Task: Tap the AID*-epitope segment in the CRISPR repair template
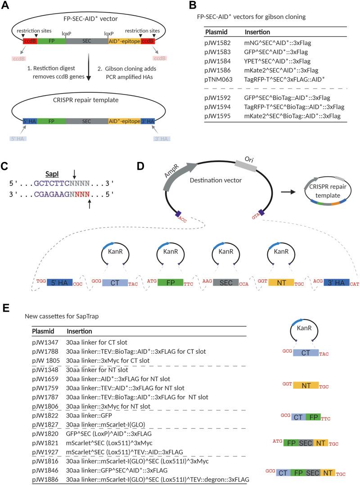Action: coord(124,121)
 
